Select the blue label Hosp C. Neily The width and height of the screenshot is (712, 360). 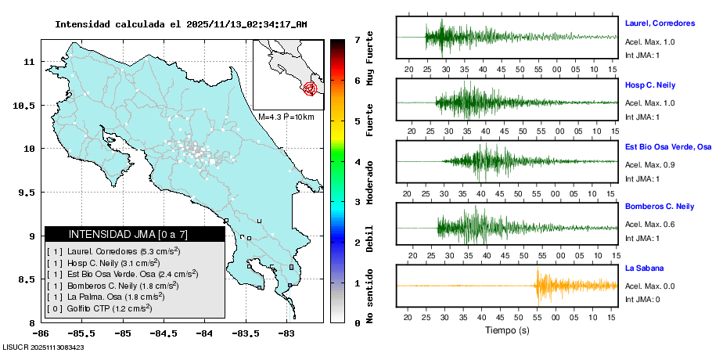(x=649, y=85)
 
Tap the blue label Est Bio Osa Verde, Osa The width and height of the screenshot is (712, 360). (x=667, y=146)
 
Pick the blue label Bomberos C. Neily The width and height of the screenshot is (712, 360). (x=660, y=206)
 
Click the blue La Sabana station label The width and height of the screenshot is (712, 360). (x=644, y=268)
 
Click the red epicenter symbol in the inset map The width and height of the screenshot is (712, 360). (x=311, y=88)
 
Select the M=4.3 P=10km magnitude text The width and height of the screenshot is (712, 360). (x=286, y=117)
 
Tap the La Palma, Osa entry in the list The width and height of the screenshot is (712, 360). (x=110, y=297)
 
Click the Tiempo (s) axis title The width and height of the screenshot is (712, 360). (x=506, y=330)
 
